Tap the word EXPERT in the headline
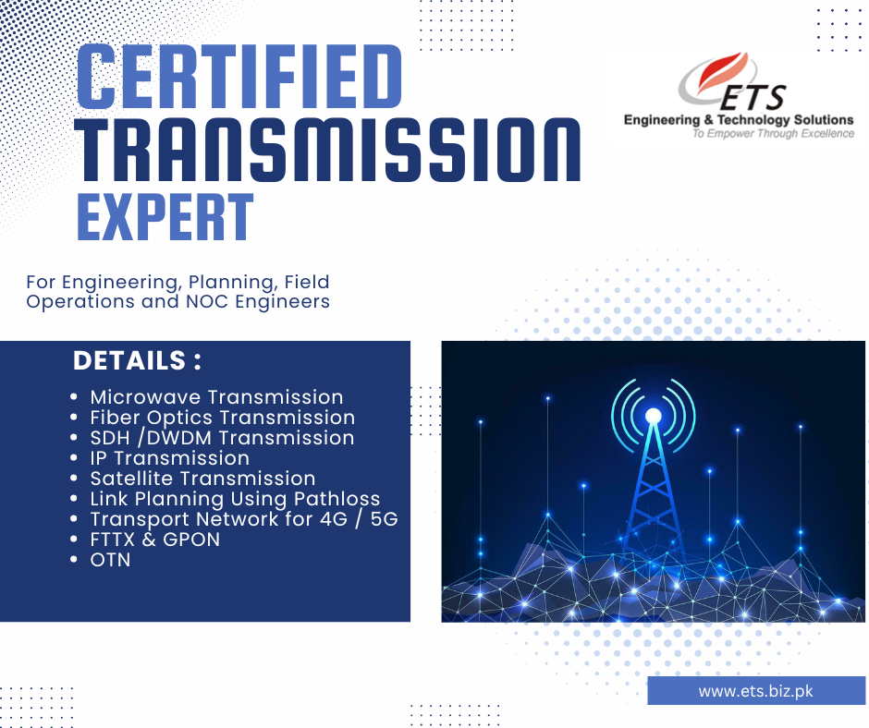165,216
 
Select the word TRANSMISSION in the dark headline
327,150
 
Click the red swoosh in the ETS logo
722,70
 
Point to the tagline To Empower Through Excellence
773,134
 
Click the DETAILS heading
137,360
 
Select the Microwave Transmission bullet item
216,397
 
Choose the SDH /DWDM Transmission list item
222,438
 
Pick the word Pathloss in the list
337,499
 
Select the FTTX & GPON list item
155,540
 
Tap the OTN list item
110,560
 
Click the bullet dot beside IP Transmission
74,458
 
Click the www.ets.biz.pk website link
756,691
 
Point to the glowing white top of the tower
654,416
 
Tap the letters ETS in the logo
753,98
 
